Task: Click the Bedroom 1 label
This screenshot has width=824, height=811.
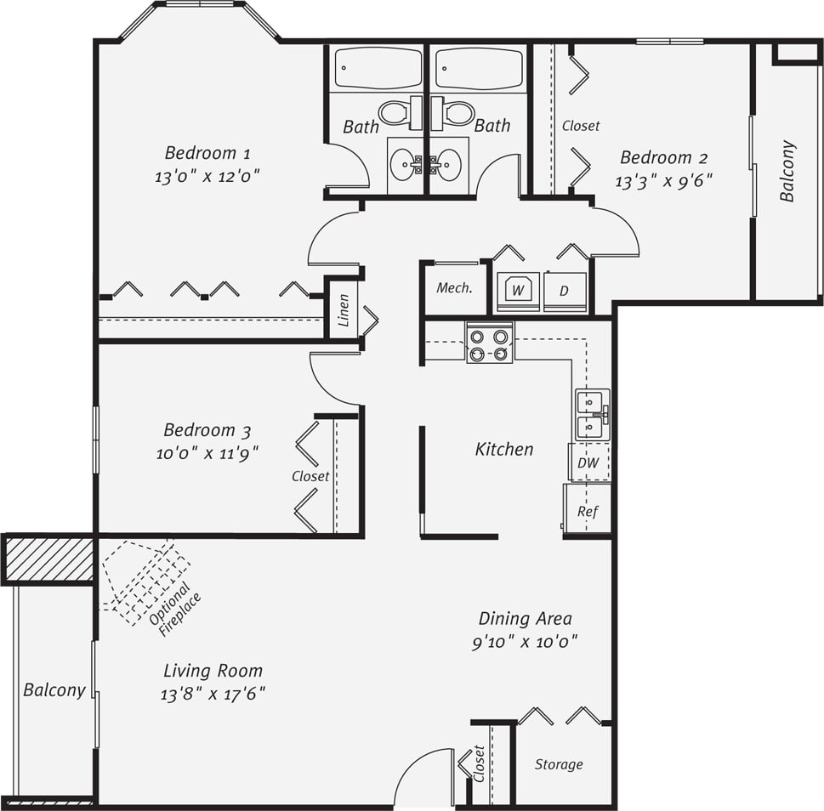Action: (x=207, y=153)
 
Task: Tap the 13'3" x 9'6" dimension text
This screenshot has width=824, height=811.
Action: (x=663, y=180)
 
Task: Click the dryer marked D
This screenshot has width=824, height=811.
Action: (x=565, y=291)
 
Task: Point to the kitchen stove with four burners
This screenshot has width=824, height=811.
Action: (x=489, y=343)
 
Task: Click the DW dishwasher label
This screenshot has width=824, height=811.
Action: (x=588, y=463)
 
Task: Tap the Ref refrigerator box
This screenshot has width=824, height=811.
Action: (x=588, y=510)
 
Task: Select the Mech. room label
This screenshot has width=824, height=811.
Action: (x=454, y=288)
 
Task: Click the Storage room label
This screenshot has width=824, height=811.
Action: (x=559, y=764)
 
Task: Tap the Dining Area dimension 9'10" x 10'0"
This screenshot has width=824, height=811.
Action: (x=525, y=642)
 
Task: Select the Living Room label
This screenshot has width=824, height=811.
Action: (x=213, y=671)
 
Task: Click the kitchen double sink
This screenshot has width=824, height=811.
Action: (x=592, y=414)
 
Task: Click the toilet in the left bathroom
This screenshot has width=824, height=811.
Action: (x=396, y=112)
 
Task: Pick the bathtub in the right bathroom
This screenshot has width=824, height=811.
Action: (x=479, y=68)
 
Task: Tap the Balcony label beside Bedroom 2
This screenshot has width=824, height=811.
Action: (x=787, y=171)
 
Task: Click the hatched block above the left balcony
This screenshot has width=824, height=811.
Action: (x=48, y=559)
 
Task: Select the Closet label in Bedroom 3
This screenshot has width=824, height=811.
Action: (x=310, y=476)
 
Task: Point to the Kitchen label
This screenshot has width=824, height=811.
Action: (x=504, y=449)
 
